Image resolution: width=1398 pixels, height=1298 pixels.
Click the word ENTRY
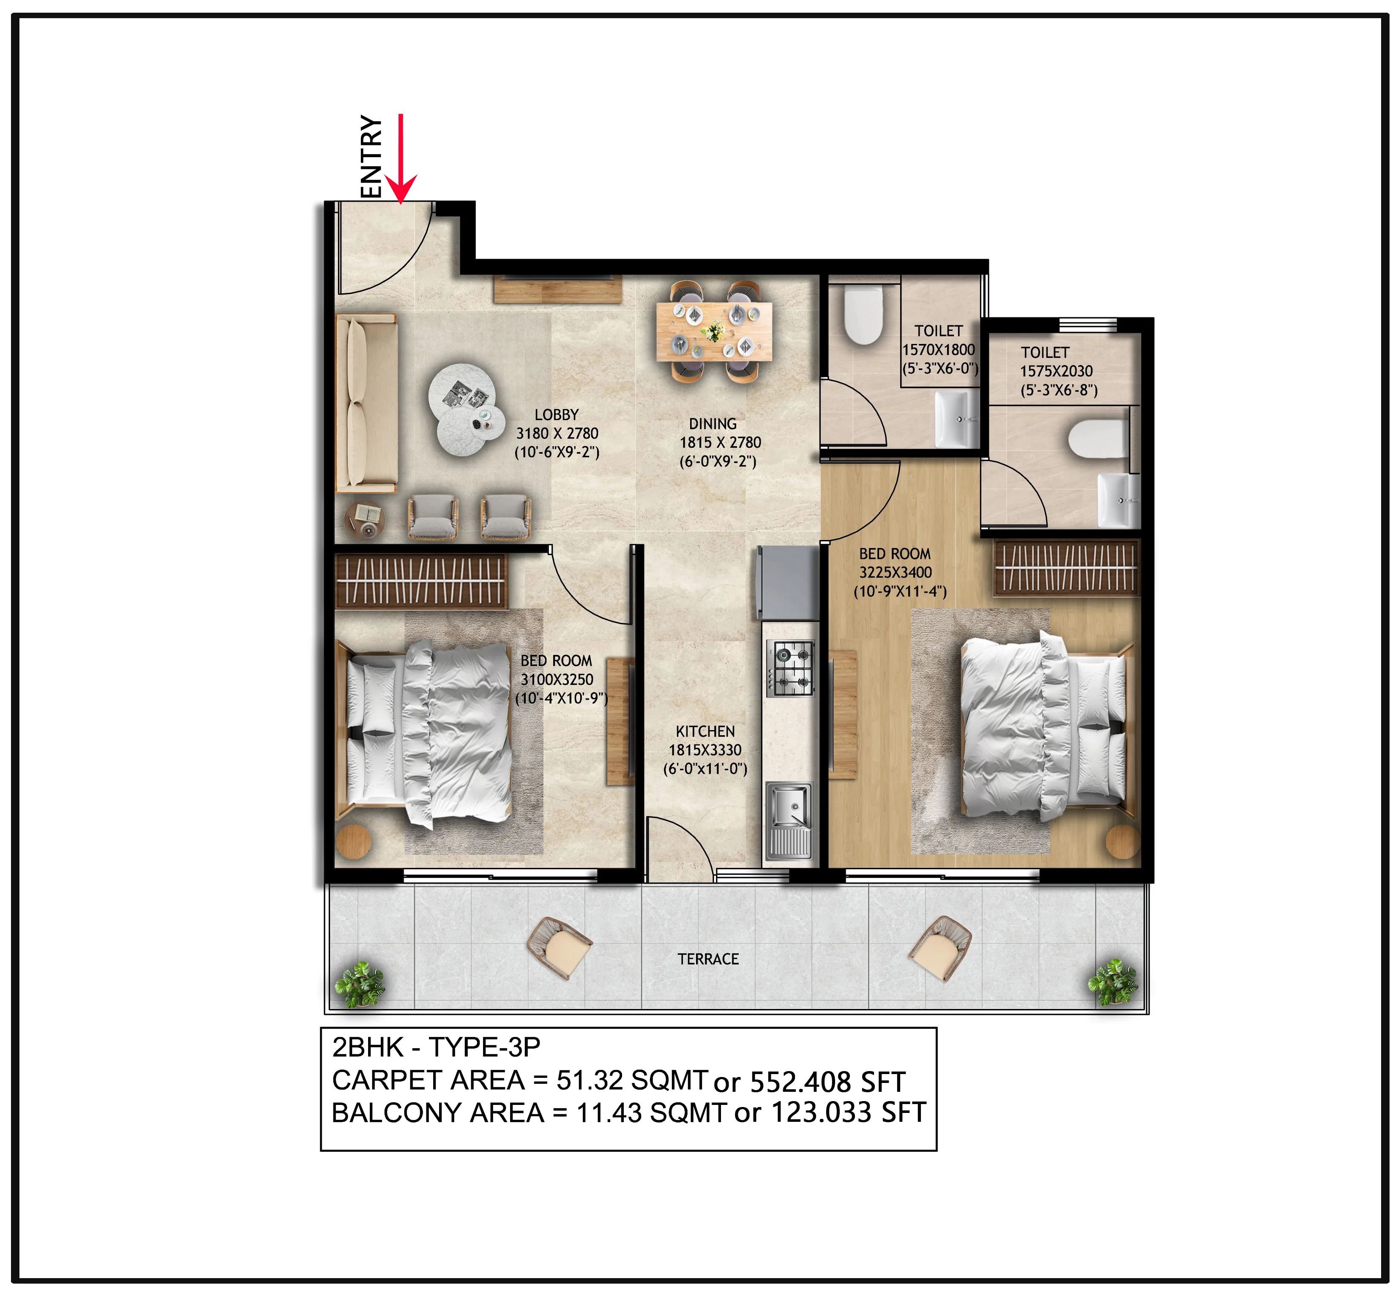pyautogui.click(x=371, y=156)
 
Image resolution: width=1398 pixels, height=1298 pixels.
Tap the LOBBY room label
pyautogui.click(x=557, y=415)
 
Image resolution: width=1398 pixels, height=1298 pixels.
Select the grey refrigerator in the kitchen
pyautogui.click(x=787, y=583)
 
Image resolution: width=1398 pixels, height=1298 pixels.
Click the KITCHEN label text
pyautogui.click(x=705, y=731)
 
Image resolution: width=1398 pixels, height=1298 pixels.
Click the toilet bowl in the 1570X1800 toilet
pyautogui.click(x=863, y=314)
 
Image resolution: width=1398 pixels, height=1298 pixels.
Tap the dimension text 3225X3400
pyautogui.click(x=896, y=573)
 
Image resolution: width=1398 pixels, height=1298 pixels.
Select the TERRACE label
pyautogui.click(x=708, y=959)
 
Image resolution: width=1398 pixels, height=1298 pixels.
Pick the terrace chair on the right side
pyautogui.click(x=941, y=948)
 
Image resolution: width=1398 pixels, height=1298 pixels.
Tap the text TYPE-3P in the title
pyautogui.click(x=485, y=1047)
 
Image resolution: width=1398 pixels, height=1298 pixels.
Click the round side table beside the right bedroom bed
pyautogui.click(x=1122, y=841)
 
